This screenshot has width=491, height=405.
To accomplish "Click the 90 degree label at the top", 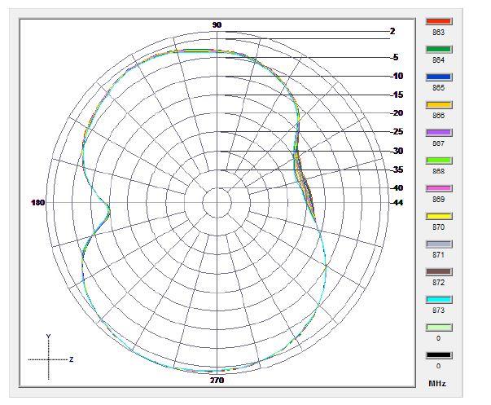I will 217,25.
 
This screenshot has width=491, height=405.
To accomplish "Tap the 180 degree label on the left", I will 37,203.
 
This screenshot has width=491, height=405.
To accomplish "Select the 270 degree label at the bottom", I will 217,381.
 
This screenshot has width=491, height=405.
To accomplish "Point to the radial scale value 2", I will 392,32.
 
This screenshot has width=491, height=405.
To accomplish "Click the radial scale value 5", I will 396,58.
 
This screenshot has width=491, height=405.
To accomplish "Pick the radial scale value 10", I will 397,77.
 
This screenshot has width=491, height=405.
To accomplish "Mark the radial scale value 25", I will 397,132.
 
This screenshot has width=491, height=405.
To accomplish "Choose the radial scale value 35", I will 397,169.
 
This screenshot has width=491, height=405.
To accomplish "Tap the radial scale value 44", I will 397,203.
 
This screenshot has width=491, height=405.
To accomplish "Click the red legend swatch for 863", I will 439,22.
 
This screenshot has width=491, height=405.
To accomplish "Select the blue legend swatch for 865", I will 439,77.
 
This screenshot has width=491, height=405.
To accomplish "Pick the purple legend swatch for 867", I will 439,133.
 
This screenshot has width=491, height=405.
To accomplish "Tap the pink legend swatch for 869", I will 439,188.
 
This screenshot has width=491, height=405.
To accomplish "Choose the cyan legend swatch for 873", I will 439,300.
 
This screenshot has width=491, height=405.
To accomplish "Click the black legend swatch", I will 439,355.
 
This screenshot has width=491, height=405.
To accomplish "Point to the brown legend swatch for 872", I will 439,272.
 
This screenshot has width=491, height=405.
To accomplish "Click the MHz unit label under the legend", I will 437,383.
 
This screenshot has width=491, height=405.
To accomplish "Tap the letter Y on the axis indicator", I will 49,336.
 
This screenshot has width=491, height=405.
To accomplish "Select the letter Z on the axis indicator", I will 72,359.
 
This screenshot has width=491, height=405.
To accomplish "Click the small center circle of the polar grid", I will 217,203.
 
